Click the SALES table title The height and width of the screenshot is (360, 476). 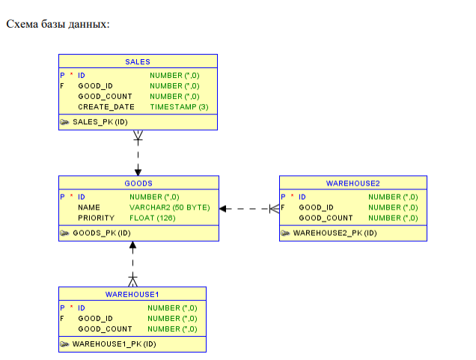coord(138,62)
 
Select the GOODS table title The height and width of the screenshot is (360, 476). coord(138,183)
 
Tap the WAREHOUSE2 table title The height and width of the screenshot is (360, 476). coord(353,183)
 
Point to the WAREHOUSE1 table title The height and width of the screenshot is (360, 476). coord(132,294)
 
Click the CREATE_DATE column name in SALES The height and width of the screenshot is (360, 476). coord(106,107)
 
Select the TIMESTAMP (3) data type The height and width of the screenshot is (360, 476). coord(179,107)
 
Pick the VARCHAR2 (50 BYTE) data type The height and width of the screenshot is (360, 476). coord(169,207)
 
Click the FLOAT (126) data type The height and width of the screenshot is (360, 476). coord(152,218)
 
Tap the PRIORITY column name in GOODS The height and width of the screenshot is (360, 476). coord(97,218)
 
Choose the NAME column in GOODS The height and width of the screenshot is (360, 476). coord(89,207)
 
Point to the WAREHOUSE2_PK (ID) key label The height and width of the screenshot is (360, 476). coord(335,233)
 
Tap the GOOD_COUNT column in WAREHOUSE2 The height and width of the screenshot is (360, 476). coord(326,218)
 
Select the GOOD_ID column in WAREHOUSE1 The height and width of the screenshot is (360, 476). coord(95,318)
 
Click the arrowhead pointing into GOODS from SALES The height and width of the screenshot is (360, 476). coord(138,171)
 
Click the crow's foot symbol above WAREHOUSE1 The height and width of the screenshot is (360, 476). coord(133,281)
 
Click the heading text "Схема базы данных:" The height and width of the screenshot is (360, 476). coord(58,25)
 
